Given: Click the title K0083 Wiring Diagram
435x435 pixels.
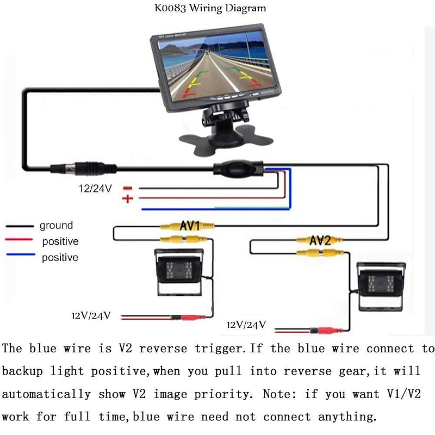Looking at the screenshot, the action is pos(210,8).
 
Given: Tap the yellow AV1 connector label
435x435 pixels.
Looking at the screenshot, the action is pos(190,226).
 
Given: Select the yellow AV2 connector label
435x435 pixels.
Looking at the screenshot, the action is pos(320,240).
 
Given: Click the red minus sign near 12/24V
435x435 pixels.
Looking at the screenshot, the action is pos(128,188).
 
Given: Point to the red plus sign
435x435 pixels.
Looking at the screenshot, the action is pos(128,198).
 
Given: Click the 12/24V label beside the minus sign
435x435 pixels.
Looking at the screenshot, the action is pos(95,189).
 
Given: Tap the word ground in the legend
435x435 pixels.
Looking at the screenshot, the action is pos(57,226).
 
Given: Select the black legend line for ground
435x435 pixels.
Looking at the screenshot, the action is pos(20,226).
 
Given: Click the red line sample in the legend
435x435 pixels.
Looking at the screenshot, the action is pos(19,239).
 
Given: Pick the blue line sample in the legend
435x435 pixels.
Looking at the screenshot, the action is pos(21,254).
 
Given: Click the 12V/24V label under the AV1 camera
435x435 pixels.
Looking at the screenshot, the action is pos(91,315).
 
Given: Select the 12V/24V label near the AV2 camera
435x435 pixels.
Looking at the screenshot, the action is pos(246,325).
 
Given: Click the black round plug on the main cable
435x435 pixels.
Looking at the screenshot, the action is pos(83,168).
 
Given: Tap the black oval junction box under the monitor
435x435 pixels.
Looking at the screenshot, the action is pos(238,168).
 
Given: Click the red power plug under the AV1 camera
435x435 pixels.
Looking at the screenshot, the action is pos(188,318).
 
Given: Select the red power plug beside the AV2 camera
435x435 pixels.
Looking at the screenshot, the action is pos(326,331).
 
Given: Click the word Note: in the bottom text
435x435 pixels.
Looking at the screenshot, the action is pos(279,394).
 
